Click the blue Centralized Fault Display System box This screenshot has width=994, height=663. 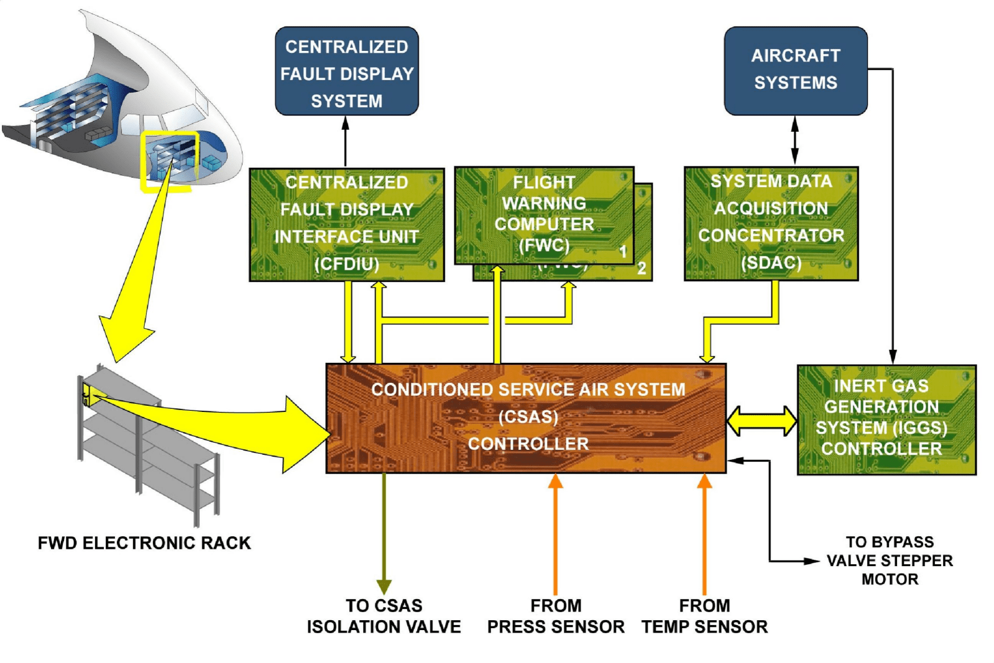346,71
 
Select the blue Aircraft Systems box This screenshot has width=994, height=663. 795,70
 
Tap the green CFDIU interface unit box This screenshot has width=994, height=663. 346,224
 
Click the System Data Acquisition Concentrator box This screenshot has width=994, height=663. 771,223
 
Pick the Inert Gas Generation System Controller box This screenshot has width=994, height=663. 886,419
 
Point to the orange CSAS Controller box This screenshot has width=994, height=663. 526,418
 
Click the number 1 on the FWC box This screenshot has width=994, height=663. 623,252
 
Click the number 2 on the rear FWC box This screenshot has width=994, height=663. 642,268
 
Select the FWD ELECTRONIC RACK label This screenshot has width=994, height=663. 144,543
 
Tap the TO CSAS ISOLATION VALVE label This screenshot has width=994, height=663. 384,616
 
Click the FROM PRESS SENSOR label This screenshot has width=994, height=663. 556,616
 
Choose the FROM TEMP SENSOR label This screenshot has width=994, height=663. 704,616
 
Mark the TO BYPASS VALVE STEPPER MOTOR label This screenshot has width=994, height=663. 890,560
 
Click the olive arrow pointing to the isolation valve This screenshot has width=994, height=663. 384,534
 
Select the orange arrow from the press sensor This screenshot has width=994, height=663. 556,534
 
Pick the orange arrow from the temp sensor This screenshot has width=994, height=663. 704,534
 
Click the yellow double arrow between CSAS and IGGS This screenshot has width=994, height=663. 762,421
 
